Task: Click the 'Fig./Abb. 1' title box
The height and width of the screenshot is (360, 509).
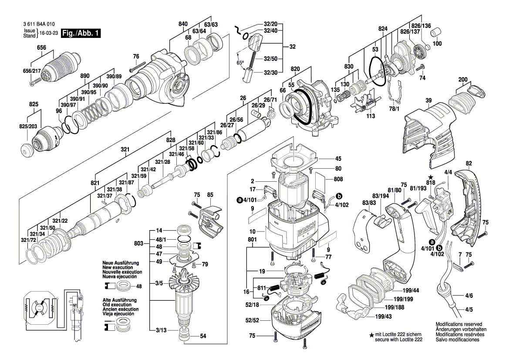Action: tap(81, 34)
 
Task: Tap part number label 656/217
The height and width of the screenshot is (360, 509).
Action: tap(32, 71)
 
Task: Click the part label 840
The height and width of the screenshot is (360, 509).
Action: tap(183, 24)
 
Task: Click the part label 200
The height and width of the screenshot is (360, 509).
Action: tap(462, 79)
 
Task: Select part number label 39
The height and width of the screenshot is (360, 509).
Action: tap(428, 101)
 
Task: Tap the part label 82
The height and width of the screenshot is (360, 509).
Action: tap(469, 163)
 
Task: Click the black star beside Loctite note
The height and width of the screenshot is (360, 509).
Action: tap(371, 335)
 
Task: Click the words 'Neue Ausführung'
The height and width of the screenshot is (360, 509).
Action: tap(121, 263)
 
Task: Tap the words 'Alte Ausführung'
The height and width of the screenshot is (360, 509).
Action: tap(119, 300)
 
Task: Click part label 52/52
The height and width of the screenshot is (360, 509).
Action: tap(251, 320)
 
